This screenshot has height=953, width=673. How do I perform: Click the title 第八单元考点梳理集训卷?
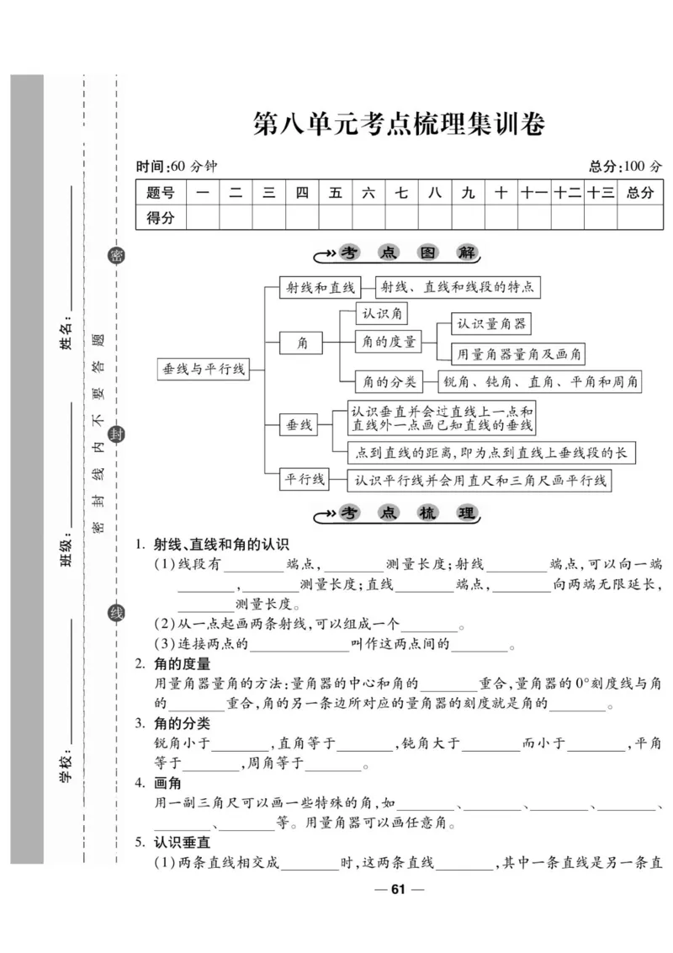click(399, 125)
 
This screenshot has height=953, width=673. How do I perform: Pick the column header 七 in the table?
click(401, 193)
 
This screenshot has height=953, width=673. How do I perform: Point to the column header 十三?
click(601, 193)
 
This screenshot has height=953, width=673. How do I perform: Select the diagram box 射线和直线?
click(319, 287)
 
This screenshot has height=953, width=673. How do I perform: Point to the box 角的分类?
click(389, 381)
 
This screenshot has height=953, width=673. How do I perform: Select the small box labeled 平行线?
click(304, 479)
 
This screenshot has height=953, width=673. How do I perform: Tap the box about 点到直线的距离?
click(490, 453)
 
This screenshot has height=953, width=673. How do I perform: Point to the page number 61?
click(399, 890)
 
